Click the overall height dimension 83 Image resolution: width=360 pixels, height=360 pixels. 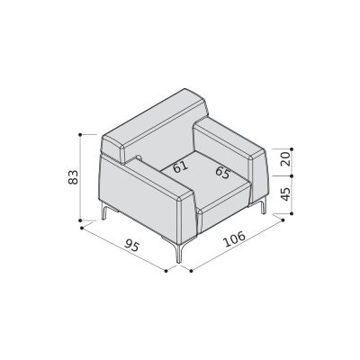coord(73,177)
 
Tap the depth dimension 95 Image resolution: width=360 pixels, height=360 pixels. coord(132,245)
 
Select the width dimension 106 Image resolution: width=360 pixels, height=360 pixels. coord(235,239)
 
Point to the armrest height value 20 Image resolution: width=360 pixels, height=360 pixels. coord(286,159)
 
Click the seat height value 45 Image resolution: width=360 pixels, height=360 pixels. coord(286,194)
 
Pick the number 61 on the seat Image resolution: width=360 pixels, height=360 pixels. coord(181,166)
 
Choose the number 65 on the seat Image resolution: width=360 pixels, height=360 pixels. coord(223,173)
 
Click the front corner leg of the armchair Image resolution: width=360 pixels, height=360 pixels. coord(179,252)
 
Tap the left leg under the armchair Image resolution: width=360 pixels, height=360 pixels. coord(104,211)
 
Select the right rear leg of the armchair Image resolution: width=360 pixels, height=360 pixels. coord(263,205)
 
